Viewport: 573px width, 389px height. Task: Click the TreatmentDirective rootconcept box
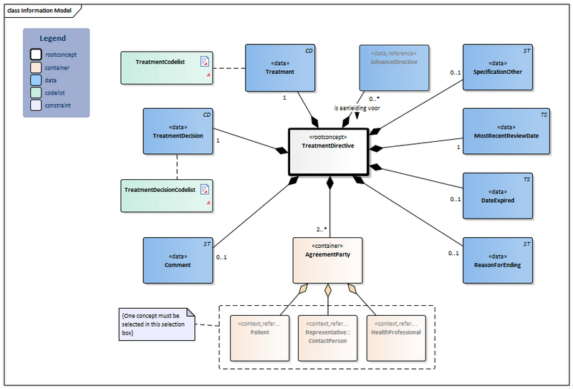coord(328,151)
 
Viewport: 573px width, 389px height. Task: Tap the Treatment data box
coord(279,68)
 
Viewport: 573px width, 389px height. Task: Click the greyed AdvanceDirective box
coord(393,68)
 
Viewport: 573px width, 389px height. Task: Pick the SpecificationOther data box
coord(498,68)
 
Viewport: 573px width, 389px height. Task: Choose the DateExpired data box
coord(498,195)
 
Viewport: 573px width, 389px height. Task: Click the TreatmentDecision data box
coord(178,131)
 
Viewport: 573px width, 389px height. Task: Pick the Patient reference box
coord(259,337)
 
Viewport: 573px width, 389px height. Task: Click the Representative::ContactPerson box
coord(327,337)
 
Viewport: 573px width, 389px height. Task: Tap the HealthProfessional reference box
coord(395,337)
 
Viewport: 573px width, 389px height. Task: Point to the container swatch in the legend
coord(35,66)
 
